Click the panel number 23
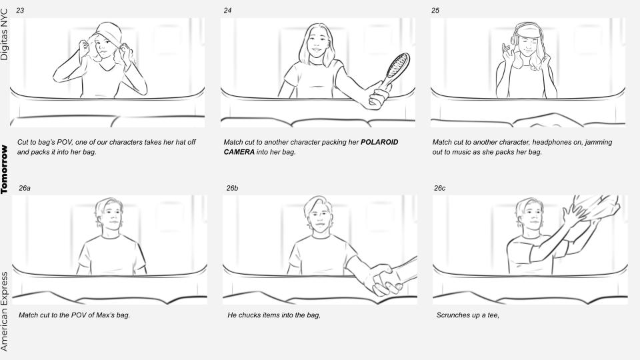tap(20, 10)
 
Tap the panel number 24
tap(228, 10)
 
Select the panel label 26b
tap(232, 188)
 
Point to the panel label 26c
tap(440, 188)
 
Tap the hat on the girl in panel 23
tap(109, 35)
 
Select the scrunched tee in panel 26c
tap(596, 207)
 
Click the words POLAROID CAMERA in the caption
tap(311, 147)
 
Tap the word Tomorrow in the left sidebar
tap(4, 169)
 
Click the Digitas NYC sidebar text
tap(4, 35)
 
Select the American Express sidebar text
tap(4, 311)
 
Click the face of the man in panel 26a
tap(111, 216)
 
